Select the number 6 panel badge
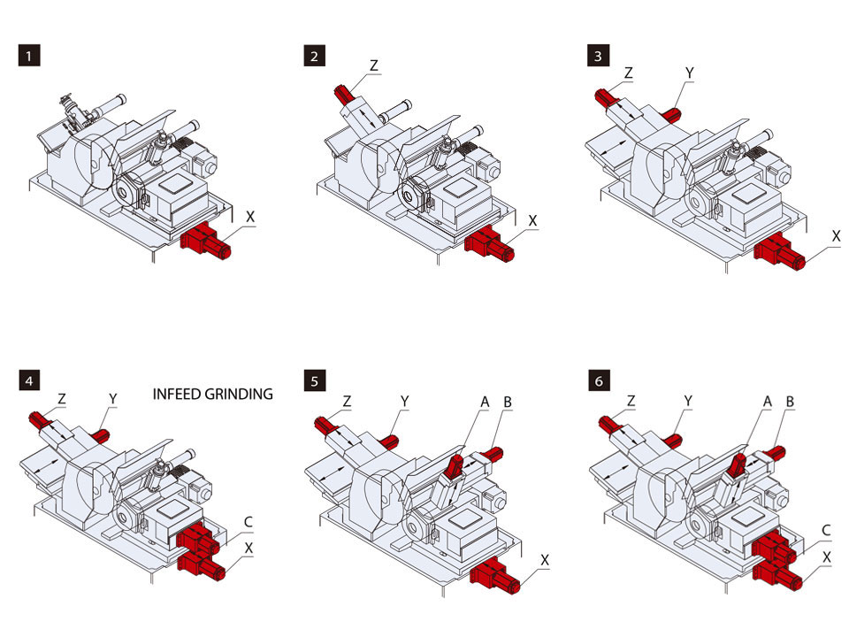point(600,382)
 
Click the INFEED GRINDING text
point(212,394)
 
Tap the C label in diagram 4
point(249,523)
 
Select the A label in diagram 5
point(485,401)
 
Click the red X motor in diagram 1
point(205,242)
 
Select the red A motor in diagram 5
point(454,464)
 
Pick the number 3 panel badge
point(600,57)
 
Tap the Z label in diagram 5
point(347,401)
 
